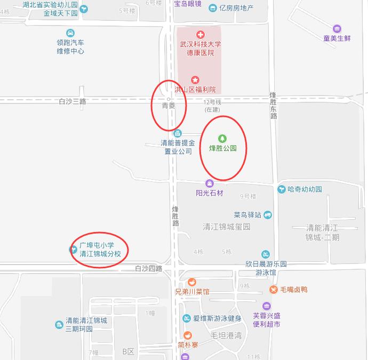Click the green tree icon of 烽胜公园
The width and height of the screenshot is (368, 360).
222,139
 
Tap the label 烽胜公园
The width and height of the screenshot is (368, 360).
222,148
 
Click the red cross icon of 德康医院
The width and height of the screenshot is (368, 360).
200,34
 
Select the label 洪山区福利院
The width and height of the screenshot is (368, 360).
195,90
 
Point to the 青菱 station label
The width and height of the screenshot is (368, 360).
169,106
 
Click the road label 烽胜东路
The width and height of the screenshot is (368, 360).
273,105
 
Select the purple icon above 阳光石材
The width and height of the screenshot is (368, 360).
210,183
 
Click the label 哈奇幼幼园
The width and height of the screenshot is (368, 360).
305,189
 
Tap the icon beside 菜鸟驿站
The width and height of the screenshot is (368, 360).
268,215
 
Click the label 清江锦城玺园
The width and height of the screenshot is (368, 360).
227,227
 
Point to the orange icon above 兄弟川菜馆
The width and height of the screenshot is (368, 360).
192,282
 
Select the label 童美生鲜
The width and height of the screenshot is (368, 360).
337,38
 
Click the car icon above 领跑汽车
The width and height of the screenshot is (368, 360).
71,33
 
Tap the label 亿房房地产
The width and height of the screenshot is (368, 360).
236,8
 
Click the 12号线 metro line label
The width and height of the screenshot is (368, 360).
212,102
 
